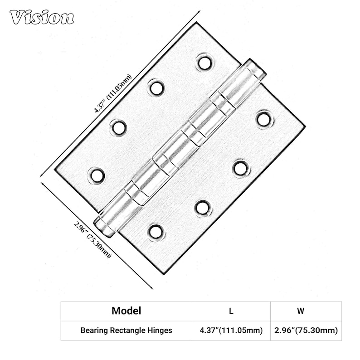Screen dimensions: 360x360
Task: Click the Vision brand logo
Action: (x=42, y=17)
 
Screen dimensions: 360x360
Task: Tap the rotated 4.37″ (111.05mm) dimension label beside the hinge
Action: (x=113, y=93)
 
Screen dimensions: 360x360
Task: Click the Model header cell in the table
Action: (x=126, y=311)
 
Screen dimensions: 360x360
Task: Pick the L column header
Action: (x=231, y=311)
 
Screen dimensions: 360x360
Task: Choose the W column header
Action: (x=301, y=311)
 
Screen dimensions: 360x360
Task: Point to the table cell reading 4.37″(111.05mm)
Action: (x=231, y=331)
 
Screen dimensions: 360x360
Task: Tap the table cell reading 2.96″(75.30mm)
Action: (x=306, y=331)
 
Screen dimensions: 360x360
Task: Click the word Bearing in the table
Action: (x=94, y=331)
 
